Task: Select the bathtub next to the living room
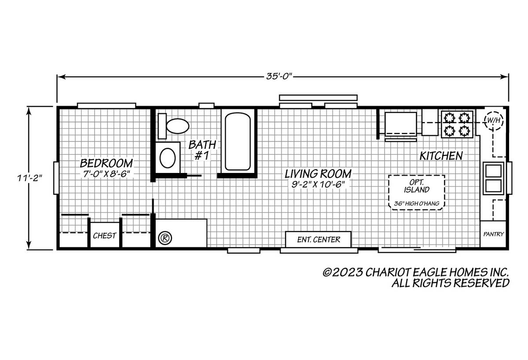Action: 238,141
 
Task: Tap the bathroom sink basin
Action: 168,158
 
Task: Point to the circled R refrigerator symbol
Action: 165,238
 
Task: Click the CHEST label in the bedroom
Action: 104,235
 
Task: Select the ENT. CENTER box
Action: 319,239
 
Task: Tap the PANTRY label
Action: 494,234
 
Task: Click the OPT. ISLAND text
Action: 417,186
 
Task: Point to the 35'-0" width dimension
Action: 279,77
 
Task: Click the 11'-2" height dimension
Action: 29,178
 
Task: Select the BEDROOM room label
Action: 106,163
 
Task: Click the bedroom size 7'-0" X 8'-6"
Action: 106,174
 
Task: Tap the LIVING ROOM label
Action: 318,174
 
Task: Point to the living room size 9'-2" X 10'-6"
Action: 318,184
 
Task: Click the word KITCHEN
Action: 441,156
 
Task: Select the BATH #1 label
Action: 202,150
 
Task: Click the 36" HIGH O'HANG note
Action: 417,203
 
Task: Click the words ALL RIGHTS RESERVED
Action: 451,283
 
